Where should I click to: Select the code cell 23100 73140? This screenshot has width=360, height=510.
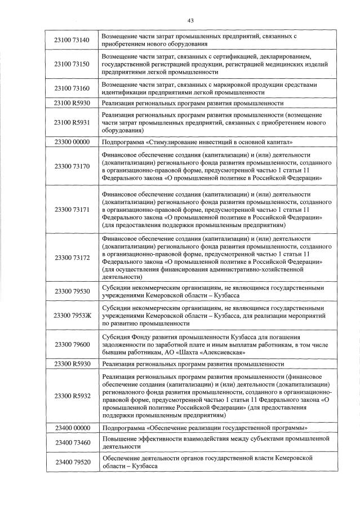[72, 40]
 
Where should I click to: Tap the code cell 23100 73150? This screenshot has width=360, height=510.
[72, 65]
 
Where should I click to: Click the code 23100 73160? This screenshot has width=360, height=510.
[72, 88]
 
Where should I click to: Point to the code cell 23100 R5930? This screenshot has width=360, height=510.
[72, 104]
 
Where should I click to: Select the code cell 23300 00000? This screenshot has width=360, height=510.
[72, 141]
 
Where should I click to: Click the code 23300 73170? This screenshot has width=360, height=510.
[72, 166]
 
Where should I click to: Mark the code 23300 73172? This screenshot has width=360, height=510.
[72, 257]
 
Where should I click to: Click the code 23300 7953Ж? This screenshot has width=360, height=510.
[72, 315]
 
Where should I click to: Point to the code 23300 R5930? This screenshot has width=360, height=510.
[72, 364]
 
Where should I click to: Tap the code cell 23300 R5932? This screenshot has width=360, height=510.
[72, 396]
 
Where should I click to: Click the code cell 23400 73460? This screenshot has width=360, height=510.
[72, 442]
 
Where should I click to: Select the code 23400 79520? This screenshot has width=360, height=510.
[72, 462]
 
